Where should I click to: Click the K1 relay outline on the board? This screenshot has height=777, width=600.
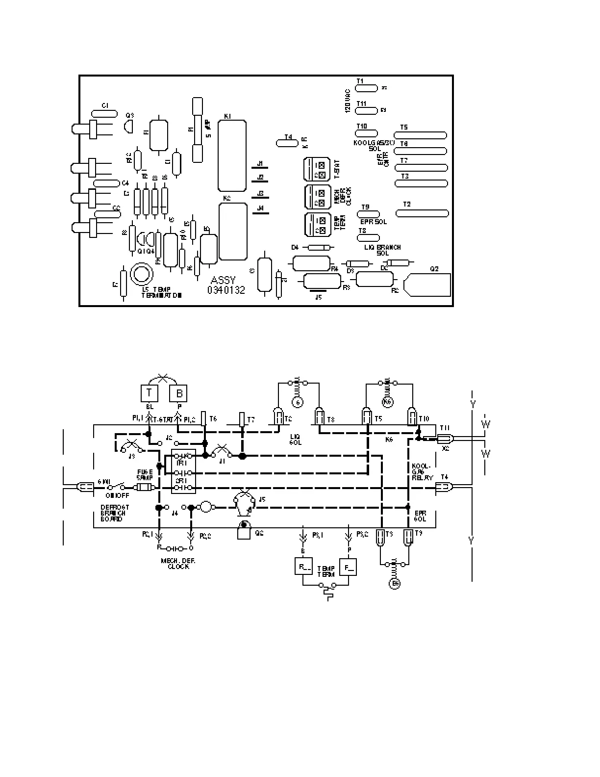click(x=232, y=156)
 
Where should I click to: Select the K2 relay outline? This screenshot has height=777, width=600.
click(x=233, y=232)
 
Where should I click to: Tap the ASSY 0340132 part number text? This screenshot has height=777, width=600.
click(x=226, y=285)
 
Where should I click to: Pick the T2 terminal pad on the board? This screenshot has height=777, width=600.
click(x=422, y=213)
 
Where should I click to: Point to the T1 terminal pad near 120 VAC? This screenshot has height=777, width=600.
click(x=366, y=88)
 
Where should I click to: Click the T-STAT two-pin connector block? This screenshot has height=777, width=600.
click(x=316, y=170)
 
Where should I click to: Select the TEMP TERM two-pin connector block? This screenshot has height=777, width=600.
click(x=316, y=225)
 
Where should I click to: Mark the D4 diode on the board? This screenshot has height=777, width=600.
click(x=318, y=247)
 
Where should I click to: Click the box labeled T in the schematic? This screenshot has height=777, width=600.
click(x=150, y=393)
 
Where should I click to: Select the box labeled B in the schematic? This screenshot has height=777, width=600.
click(x=179, y=393)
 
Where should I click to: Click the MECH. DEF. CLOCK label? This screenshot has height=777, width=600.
click(x=178, y=563)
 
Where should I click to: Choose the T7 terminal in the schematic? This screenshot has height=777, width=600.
click(x=242, y=419)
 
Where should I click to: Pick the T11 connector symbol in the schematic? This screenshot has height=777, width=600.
click(x=444, y=438)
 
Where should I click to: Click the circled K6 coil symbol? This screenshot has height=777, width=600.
click(x=388, y=403)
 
